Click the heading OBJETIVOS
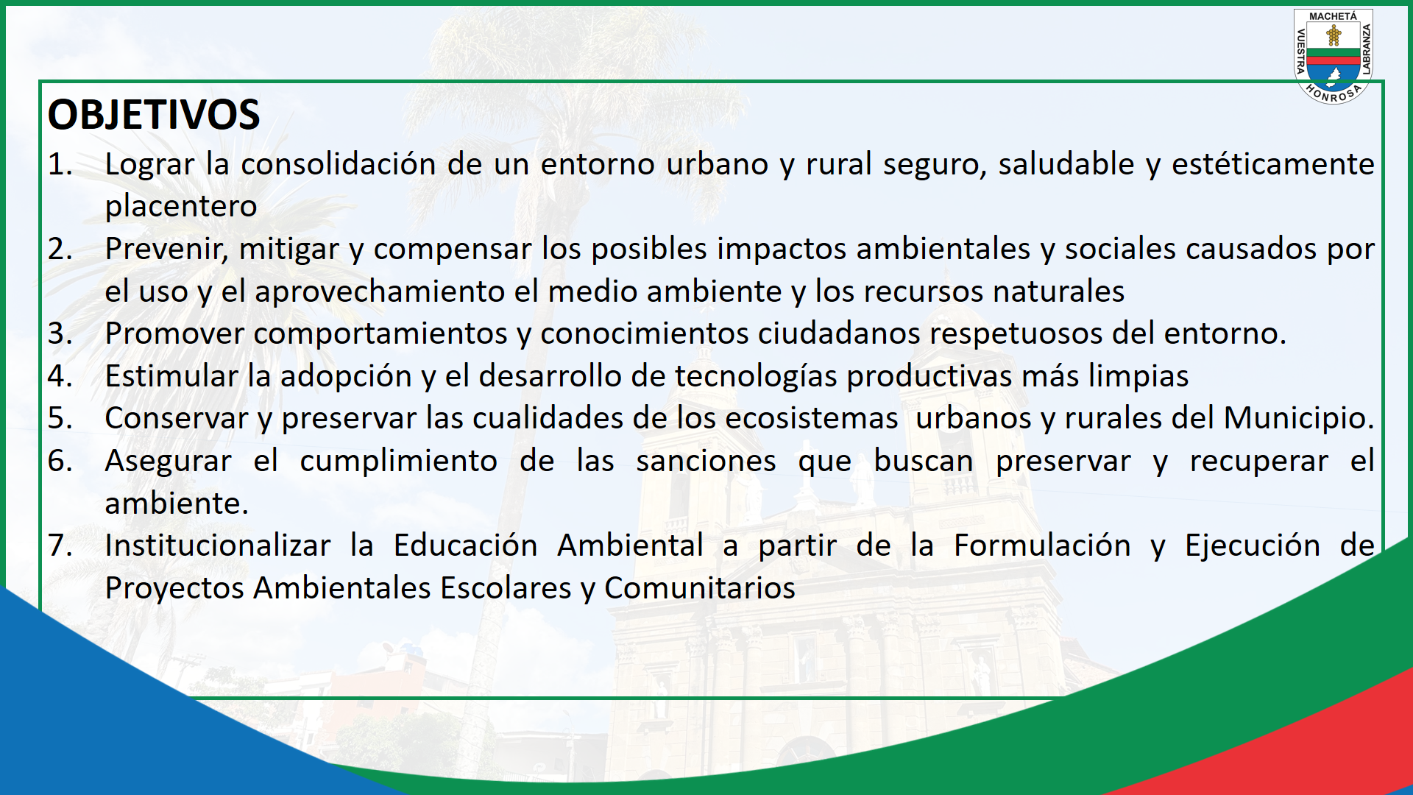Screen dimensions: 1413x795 154,115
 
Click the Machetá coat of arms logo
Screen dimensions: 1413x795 1334,57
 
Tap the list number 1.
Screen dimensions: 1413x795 60,164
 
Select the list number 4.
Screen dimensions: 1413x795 60,376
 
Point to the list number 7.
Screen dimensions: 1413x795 60,545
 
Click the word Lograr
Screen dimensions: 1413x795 150,165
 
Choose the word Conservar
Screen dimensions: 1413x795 177,419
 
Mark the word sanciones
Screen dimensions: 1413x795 706,462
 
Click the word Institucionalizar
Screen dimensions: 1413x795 218,546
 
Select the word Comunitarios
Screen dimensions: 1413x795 700,589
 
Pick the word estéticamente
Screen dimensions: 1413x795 1273,165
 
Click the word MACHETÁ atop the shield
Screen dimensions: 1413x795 1333,16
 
